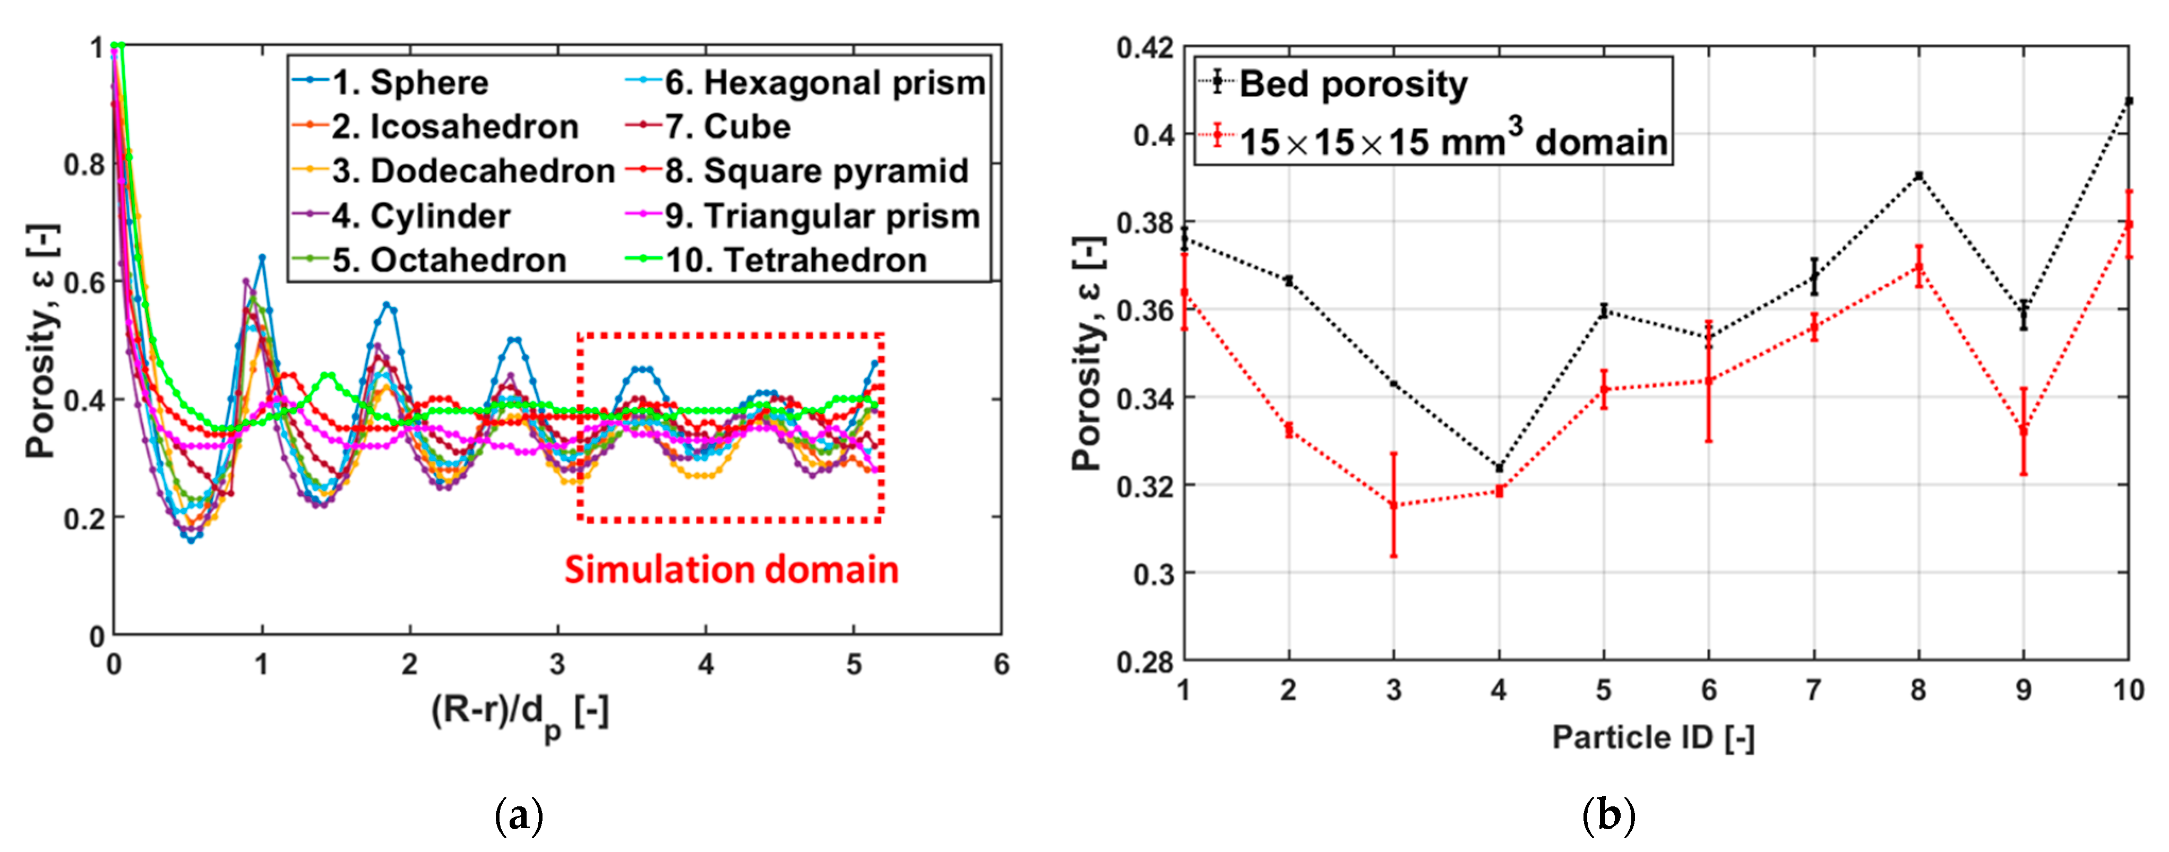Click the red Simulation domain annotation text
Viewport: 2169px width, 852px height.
click(x=731, y=570)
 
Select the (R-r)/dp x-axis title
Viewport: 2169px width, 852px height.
click(x=520, y=714)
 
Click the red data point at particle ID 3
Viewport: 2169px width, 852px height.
click(x=1393, y=505)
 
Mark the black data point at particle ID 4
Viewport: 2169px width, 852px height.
click(x=1499, y=468)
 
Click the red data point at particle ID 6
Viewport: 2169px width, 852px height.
click(x=1708, y=380)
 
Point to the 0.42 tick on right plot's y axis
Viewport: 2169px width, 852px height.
click(x=1144, y=48)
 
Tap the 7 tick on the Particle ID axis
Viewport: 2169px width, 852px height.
click(x=1813, y=690)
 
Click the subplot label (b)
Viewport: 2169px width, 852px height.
click(x=1608, y=815)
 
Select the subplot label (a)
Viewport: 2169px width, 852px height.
click(x=519, y=815)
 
